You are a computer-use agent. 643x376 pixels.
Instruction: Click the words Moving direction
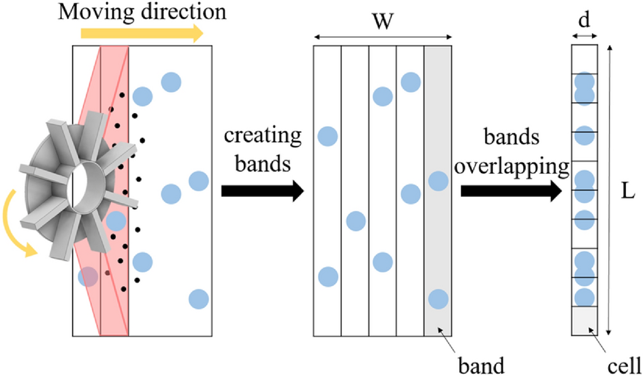click(142, 12)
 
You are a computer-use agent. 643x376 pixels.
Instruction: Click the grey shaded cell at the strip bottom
click(584, 321)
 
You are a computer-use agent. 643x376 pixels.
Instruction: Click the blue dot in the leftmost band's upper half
click(328, 136)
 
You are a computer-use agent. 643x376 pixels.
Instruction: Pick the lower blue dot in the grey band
click(437, 298)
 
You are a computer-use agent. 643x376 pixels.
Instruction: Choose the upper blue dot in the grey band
click(437, 181)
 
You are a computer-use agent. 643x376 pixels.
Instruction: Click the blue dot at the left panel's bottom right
click(198, 298)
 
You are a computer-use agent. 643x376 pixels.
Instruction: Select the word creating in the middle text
click(262, 136)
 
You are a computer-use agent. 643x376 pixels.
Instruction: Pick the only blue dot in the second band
click(355, 221)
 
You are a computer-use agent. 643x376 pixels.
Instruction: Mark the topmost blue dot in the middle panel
click(410, 82)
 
